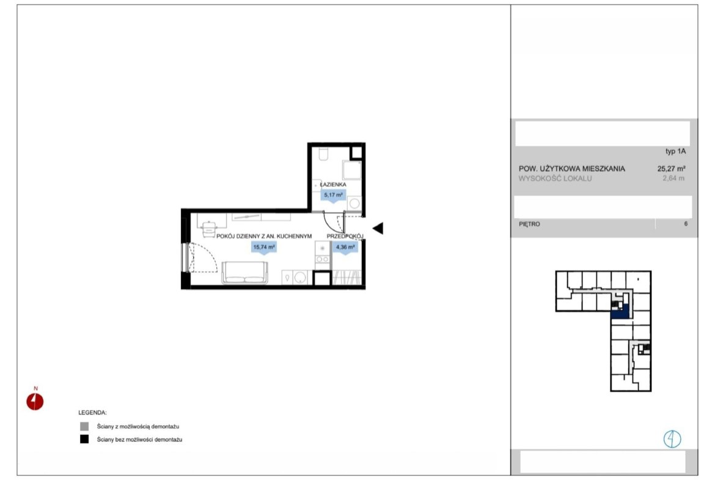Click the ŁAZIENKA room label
[333, 184]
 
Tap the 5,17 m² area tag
[333, 195]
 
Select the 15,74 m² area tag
[264, 247]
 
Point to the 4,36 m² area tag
[345, 247]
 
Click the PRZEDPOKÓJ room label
[345, 237]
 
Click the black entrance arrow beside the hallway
[378, 228]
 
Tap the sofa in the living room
[245, 273]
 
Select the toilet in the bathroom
[323, 153]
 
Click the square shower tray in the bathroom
[352, 170]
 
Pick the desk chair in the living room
[209, 229]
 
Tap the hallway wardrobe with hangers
[346, 278]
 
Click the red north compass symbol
[35, 402]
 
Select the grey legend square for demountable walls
[84, 427]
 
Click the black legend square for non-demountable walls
[84, 440]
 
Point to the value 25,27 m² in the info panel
[671, 168]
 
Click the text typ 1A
[675, 151]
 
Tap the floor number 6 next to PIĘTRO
[685, 224]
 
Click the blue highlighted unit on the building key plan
[620, 313]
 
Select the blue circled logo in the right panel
[672, 439]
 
